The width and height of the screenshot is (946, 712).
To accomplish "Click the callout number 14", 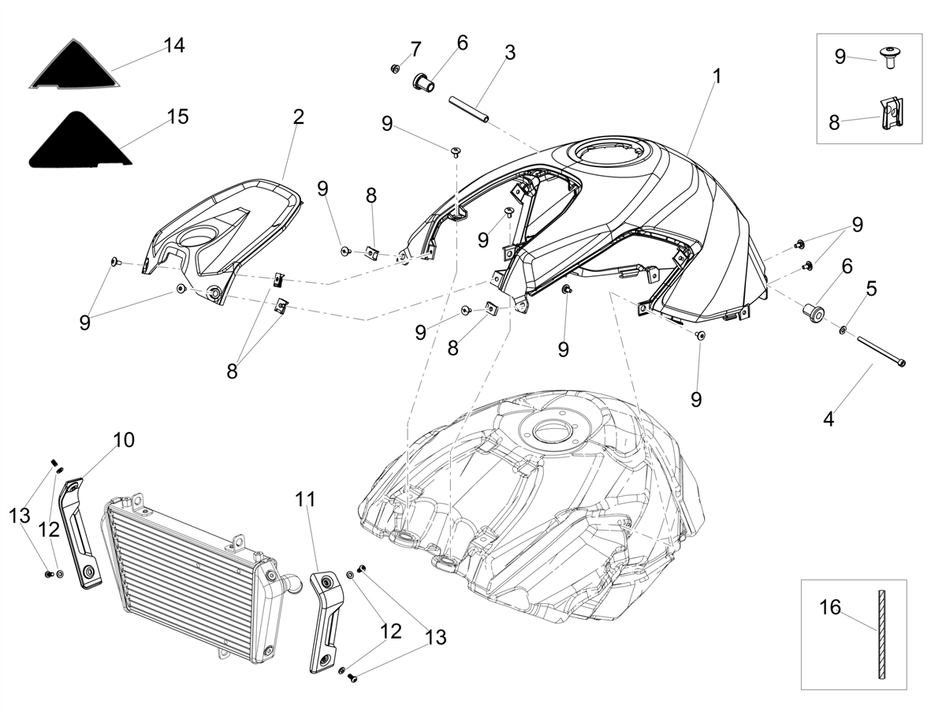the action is (x=174, y=45).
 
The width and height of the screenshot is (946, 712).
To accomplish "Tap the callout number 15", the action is (x=177, y=117).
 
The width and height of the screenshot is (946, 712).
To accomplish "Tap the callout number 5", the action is (x=871, y=289).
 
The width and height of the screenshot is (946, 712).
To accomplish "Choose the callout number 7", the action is (x=416, y=49).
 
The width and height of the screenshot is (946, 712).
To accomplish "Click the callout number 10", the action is (x=124, y=440).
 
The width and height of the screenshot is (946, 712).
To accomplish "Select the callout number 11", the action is (x=305, y=499).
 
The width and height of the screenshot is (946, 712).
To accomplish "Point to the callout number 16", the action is (x=830, y=607).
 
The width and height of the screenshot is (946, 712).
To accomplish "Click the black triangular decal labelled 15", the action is (x=80, y=140).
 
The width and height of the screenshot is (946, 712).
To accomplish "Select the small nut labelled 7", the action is (x=394, y=68).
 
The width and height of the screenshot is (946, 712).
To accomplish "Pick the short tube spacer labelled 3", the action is (x=468, y=110).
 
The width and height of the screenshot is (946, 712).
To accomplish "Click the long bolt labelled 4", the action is (x=881, y=350).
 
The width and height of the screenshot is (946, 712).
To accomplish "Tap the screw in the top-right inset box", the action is (x=889, y=58).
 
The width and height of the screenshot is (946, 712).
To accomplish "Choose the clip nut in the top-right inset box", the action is (x=890, y=113).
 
